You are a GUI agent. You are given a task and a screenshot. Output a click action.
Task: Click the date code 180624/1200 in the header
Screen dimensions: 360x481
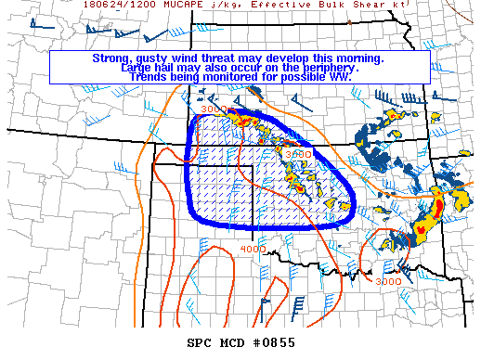tap(115, 4)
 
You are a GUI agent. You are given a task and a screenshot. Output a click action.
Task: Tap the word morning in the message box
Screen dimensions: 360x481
tap(356, 58)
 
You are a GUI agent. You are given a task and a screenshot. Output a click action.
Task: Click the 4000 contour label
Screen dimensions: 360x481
tap(253, 250)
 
